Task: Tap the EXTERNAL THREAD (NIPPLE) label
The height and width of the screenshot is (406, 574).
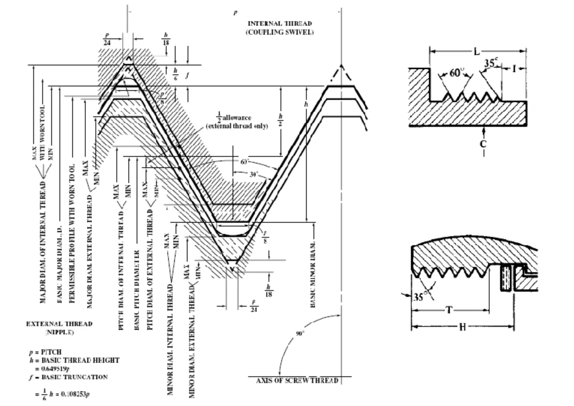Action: pyautogui.click(x=59, y=328)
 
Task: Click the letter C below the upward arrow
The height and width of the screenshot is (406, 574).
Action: pyautogui.click(x=484, y=144)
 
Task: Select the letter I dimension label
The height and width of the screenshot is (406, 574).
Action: pyautogui.click(x=514, y=68)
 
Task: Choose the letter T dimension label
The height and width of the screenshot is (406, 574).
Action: pyautogui.click(x=449, y=310)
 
